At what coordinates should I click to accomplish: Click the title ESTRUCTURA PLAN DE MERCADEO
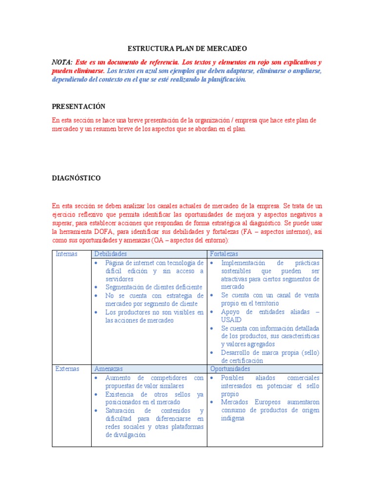pyautogui.click(x=187, y=49)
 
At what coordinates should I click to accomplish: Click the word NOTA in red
pyautogui.click(x=62, y=62)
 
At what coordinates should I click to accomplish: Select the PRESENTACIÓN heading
pyautogui.click(x=79, y=106)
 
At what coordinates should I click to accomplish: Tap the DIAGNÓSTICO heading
pyautogui.click(x=76, y=178)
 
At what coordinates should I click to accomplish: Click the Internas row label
pyautogui.click(x=67, y=254)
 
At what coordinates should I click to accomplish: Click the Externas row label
pyautogui.click(x=67, y=369)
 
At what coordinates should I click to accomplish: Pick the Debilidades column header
pyautogui.click(x=110, y=254)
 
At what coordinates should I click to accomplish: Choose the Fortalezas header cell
pyautogui.click(x=224, y=254)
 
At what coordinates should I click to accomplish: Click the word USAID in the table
pyautogui.click(x=231, y=320)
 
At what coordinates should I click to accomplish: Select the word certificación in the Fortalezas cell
pyautogui.click(x=242, y=361)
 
